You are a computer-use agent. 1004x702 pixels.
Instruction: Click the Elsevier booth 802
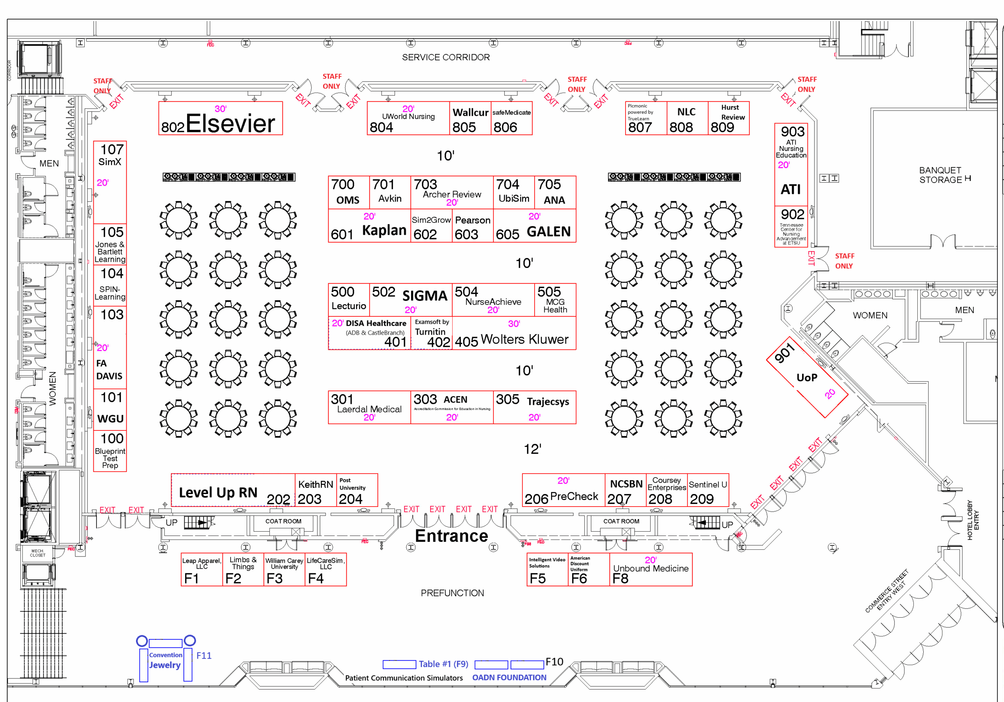[220, 119]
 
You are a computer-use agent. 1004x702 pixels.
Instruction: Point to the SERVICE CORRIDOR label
[446, 57]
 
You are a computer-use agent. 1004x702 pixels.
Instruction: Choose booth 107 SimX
[110, 182]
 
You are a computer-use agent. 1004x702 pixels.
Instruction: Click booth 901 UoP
[807, 377]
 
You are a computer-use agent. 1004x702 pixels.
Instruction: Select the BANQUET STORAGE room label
[940, 175]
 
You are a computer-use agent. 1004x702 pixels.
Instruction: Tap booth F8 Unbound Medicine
[651, 569]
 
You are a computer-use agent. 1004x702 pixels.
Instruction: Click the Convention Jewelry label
[165, 660]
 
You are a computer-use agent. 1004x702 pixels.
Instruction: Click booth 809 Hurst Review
[729, 119]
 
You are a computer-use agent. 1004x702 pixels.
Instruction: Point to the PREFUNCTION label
[452, 593]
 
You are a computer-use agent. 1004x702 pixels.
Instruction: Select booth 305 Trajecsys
[535, 407]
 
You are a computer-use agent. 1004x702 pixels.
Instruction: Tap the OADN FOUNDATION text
[509, 678]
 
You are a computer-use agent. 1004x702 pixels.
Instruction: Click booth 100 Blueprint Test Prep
[110, 451]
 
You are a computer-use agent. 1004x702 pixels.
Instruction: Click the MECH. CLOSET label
[38, 553]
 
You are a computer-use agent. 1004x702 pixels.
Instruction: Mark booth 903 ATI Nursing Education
[791, 164]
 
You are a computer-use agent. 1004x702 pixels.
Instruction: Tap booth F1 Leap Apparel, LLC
[202, 569]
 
